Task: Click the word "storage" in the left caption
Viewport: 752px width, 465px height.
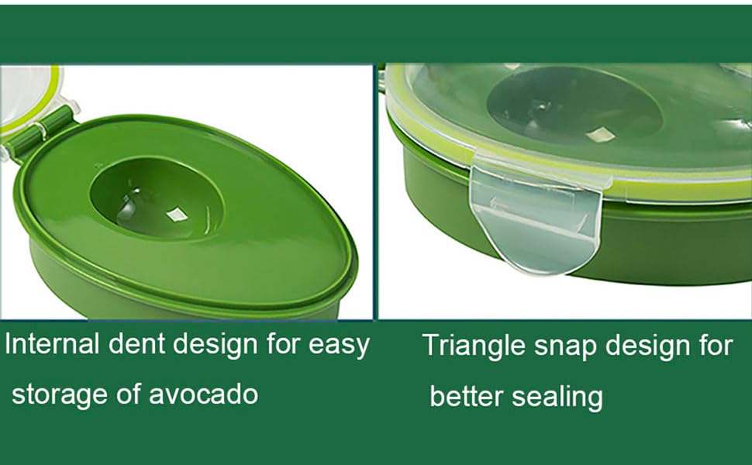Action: pyautogui.click(x=60, y=394)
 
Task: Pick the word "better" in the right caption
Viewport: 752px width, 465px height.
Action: pyautogui.click(x=467, y=396)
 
